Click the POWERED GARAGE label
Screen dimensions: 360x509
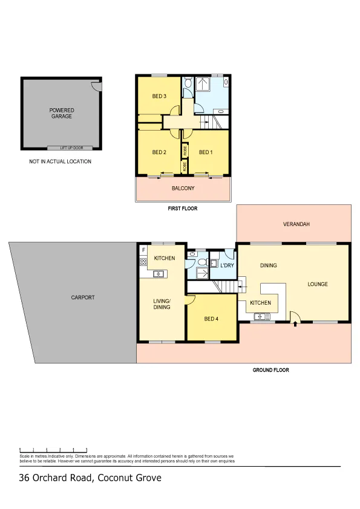pos(61,113)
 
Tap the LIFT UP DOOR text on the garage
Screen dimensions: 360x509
pos(71,148)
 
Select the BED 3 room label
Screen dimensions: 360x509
pos(159,96)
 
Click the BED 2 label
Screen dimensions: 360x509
pos(159,152)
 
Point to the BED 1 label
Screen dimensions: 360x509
pos(206,152)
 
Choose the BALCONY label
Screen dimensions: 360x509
pos(183,188)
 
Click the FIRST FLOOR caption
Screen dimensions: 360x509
pos(183,209)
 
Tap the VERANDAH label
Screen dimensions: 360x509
pos(296,224)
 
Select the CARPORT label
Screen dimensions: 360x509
pos(83,297)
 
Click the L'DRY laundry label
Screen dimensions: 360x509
pos(227,265)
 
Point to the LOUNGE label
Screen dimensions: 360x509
pos(318,284)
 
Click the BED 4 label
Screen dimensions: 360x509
pos(211,319)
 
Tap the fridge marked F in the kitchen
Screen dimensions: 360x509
pos(143,250)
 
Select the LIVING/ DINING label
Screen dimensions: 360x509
pos(162,304)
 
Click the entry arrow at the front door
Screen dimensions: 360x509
pos(295,323)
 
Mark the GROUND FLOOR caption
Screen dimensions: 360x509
pos(270,370)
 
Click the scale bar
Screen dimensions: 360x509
pos(53,450)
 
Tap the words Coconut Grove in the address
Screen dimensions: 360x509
pos(129,478)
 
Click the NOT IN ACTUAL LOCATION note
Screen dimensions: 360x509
pos(60,161)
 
